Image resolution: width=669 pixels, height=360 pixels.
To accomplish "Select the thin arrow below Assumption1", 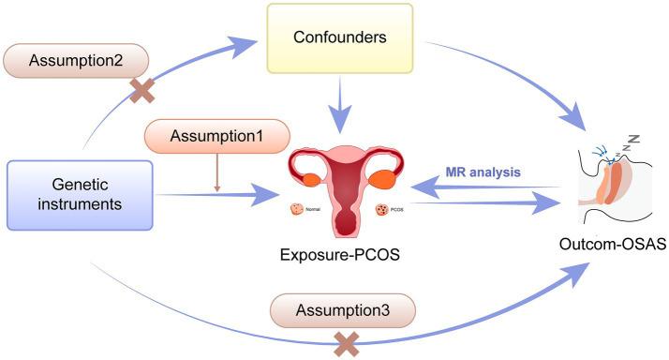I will point(217,173).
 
